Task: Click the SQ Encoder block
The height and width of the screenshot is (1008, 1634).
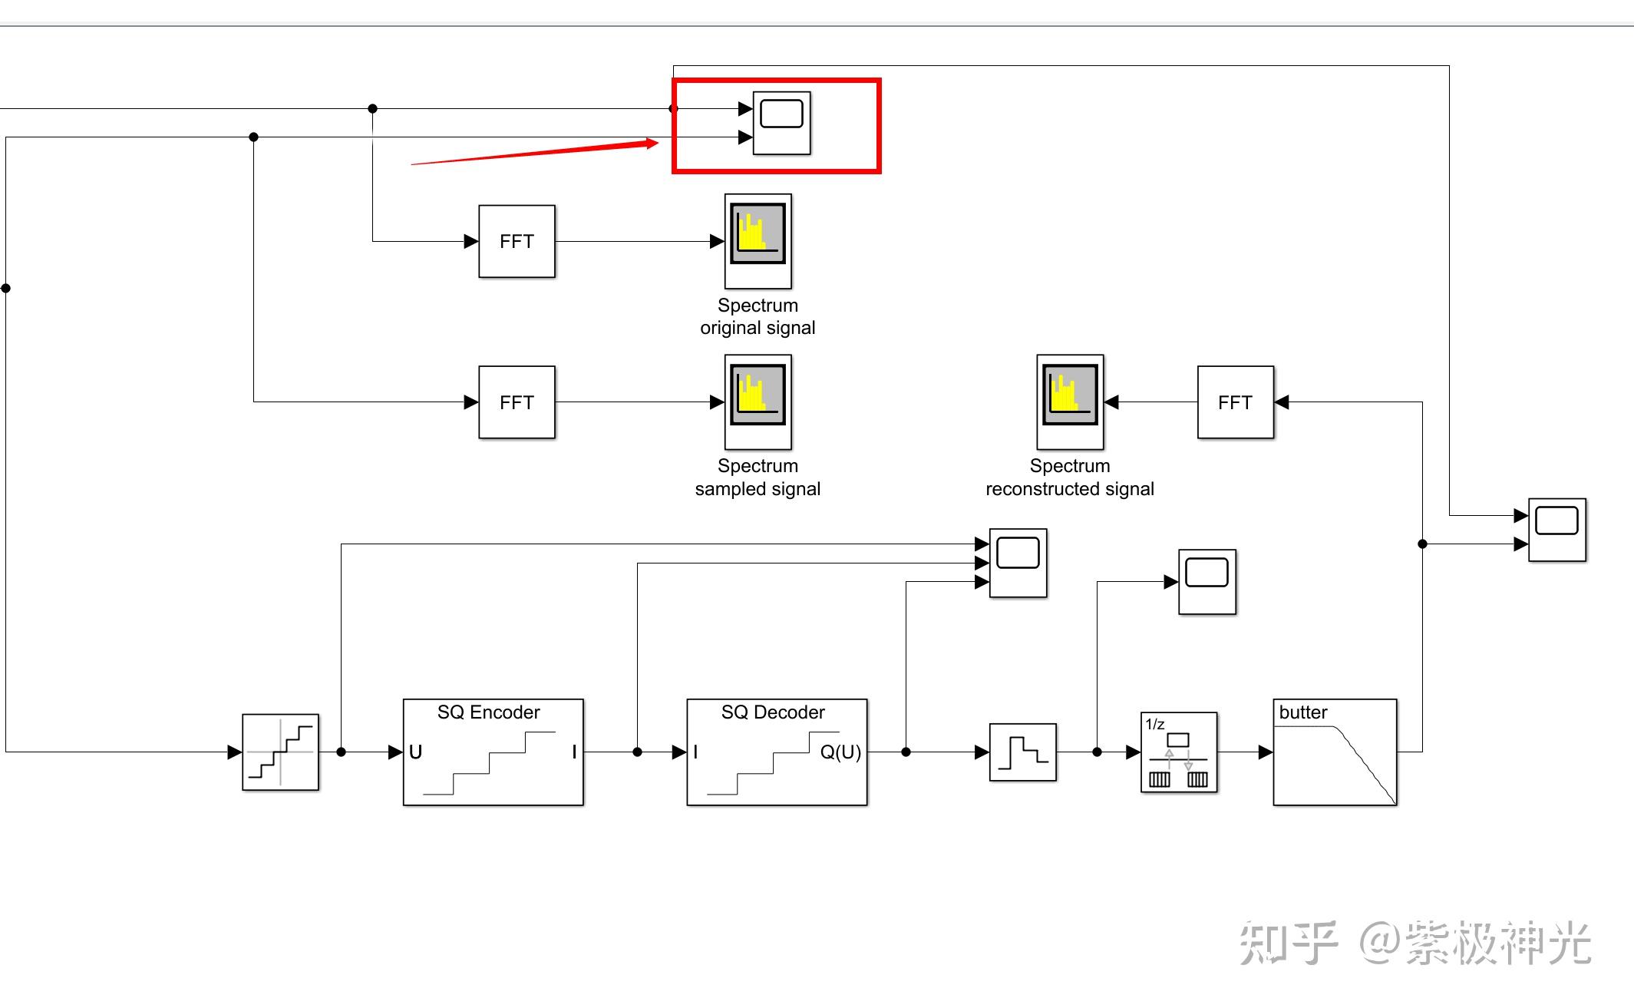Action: click(x=493, y=752)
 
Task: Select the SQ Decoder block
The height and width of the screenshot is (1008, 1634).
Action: click(x=777, y=752)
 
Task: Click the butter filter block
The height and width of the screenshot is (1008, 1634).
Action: click(x=1335, y=752)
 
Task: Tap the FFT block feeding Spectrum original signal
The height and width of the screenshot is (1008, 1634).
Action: click(x=517, y=241)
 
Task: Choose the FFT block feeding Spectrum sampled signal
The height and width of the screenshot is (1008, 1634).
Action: click(x=517, y=402)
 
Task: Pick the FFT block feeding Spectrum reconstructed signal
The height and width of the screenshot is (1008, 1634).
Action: click(x=1235, y=402)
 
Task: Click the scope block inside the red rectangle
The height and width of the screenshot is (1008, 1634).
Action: click(x=781, y=123)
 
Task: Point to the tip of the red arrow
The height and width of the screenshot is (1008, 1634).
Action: click(x=657, y=143)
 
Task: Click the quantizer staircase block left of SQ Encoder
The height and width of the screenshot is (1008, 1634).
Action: click(x=280, y=752)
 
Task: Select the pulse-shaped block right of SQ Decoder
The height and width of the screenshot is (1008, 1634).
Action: click(x=1022, y=752)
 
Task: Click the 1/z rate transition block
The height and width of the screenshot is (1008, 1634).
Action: click(x=1178, y=752)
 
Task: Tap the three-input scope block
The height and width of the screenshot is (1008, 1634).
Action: click(x=1018, y=563)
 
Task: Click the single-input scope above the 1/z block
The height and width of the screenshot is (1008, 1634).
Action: click(x=1207, y=581)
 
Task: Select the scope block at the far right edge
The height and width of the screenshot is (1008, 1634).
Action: click(x=1556, y=530)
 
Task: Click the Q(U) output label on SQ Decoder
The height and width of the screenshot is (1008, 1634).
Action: click(x=840, y=752)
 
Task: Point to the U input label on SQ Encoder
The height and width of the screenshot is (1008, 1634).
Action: click(x=415, y=752)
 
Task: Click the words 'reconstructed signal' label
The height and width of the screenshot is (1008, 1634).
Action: click(x=1070, y=489)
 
